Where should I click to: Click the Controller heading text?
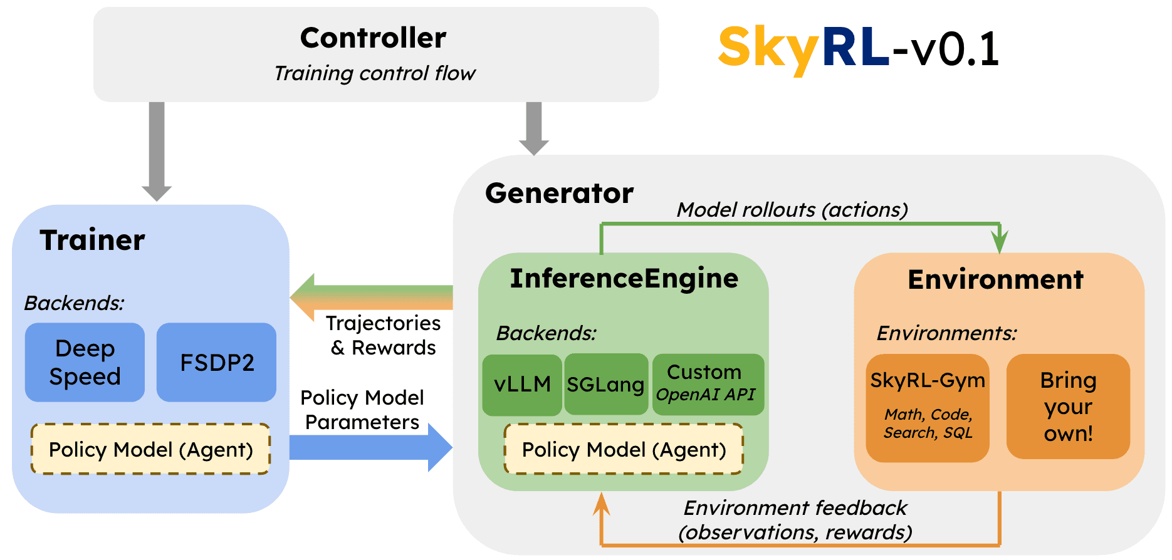coord(373,38)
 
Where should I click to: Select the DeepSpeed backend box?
coord(85,362)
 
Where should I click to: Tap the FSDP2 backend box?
coord(216,362)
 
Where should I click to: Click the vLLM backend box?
coord(522,385)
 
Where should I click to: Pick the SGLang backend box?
coord(605,385)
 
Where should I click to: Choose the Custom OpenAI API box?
coord(707,384)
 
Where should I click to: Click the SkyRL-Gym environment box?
coord(927,407)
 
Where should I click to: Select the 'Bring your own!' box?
coord(1067,407)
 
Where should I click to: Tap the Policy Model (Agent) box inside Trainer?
coord(150,450)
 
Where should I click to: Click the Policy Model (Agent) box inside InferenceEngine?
coord(624,450)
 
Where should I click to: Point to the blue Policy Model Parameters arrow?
coord(370,447)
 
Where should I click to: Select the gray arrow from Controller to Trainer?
coord(157,150)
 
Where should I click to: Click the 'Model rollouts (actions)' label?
coord(792,210)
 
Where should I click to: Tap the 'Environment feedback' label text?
coord(795,508)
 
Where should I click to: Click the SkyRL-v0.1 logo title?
coord(858,48)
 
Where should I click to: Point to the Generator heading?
coord(559,194)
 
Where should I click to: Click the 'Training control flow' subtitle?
coord(375,73)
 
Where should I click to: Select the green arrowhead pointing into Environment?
coord(999,241)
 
